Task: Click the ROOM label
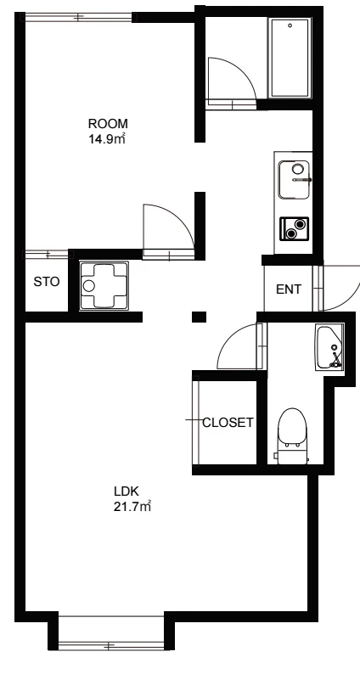pyautogui.click(x=108, y=124)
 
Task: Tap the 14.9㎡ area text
pyautogui.click(x=107, y=139)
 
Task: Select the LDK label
pyautogui.click(x=126, y=491)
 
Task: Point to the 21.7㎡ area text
pyautogui.click(x=132, y=507)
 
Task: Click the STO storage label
pyautogui.click(x=47, y=282)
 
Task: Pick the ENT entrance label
pyautogui.click(x=289, y=289)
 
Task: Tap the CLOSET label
pyautogui.click(x=228, y=423)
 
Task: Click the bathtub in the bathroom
pyautogui.click(x=290, y=58)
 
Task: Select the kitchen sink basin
pyautogui.click(x=294, y=180)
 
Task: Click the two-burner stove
pyautogui.click(x=294, y=228)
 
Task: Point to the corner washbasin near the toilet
pyautogui.click(x=330, y=347)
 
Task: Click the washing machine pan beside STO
pyautogui.click(x=104, y=285)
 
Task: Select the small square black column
pyautogui.click(x=199, y=317)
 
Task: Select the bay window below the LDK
pyautogui.click(x=111, y=646)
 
